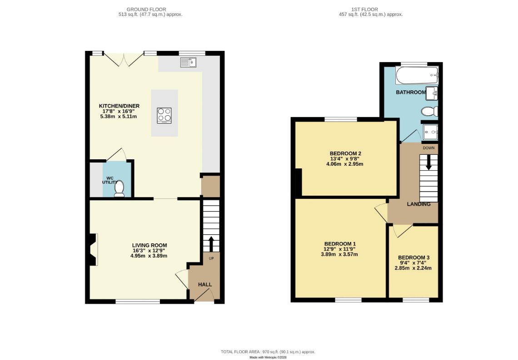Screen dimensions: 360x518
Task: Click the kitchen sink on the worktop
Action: tap(187, 62)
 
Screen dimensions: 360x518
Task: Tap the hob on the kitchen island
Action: tap(164, 115)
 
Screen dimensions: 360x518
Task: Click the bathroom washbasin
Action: tap(432, 93)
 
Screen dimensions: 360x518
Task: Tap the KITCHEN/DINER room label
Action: tap(119, 106)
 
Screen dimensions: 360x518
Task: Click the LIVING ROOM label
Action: tap(149, 245)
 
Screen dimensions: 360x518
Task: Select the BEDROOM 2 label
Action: tap(345, 153)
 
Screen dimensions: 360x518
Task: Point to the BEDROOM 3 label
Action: tap(413, 257)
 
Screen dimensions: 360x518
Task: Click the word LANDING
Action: tap(418, 204)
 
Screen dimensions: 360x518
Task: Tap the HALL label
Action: tap(205, 285)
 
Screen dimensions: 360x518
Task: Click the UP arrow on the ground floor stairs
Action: tap(211, 243)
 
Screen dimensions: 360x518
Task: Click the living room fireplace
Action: tap(93, 250)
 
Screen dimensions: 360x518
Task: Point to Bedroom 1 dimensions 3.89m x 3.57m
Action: tap(339, 254)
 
